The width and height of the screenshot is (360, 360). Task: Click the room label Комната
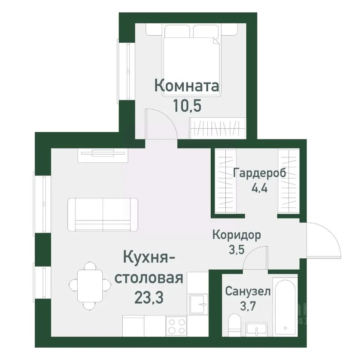click(187, 86)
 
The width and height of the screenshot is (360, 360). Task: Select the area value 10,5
click(187, 105)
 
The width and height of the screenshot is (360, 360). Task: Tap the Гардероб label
click(259, 173)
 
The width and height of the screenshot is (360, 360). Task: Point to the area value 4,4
click(259, 187)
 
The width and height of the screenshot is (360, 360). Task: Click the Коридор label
click(236, 235)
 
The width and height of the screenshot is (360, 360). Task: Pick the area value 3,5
click(236, 249)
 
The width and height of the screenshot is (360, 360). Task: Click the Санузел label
click(247, 291)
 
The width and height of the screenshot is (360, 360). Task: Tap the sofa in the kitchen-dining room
click(103, 214)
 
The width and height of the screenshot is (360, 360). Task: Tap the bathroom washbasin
click(257, 329)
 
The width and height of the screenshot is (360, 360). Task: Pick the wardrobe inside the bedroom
click(217, 128)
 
